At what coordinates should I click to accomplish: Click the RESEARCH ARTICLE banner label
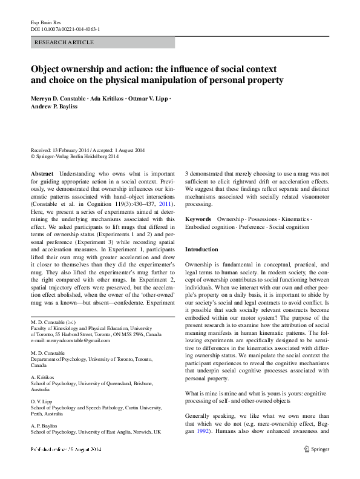tap(65, 42)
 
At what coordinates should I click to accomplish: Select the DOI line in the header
tap(65, 28)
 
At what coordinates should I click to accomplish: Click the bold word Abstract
tap(42, 173)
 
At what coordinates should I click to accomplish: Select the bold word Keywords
tap(198, 219)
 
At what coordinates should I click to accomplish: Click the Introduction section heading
tap(201, 249)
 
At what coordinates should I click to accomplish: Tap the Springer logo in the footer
tap(316, 449)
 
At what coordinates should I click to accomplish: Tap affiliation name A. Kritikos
tap(42, 376)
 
